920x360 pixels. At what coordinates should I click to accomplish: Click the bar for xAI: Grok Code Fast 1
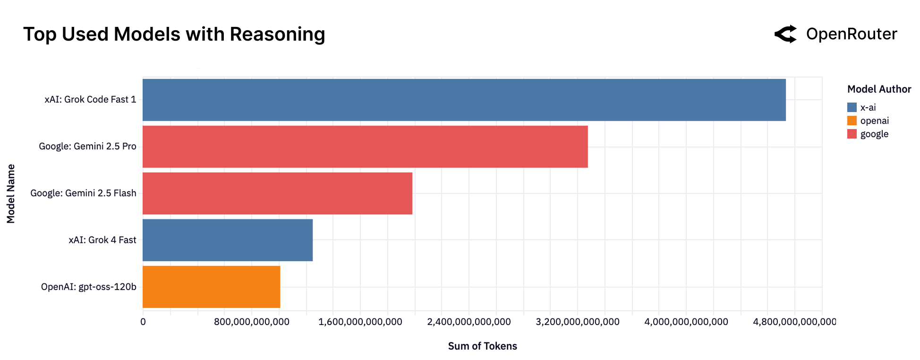coord(464,100)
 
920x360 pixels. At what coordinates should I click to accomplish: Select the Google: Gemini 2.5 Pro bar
coord(365,146)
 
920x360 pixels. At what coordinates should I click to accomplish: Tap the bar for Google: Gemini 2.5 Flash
coord(277,193)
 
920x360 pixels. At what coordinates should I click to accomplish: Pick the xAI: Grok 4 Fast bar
coord(227,240)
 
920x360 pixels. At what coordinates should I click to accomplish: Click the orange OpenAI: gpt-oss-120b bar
coord(211,287)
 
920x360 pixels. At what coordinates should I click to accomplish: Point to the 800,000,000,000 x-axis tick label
coord(251,322)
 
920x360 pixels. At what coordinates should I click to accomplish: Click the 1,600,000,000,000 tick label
coord(360,322)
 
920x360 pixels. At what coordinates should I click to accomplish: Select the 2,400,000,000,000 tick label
coord(469,322)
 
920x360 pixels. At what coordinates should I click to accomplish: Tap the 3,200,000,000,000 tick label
coord(577,322)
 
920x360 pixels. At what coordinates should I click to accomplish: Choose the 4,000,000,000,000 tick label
coord(686,322)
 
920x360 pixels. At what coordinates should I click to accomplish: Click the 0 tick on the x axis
coord(143,322)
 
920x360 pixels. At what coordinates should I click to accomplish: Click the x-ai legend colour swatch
coord(852,107)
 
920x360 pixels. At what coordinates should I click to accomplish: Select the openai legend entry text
coord(874,121)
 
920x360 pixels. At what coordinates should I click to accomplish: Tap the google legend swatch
coord(852,134)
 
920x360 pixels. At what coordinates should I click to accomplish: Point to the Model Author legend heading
coord(878,89)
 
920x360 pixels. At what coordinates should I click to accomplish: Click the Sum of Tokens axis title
coord(482,346)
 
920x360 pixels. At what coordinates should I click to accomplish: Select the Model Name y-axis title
coord(11,194)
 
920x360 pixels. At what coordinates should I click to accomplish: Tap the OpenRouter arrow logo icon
coord(785,34)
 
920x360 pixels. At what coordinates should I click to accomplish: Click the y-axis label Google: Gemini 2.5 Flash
coord(83,193)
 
